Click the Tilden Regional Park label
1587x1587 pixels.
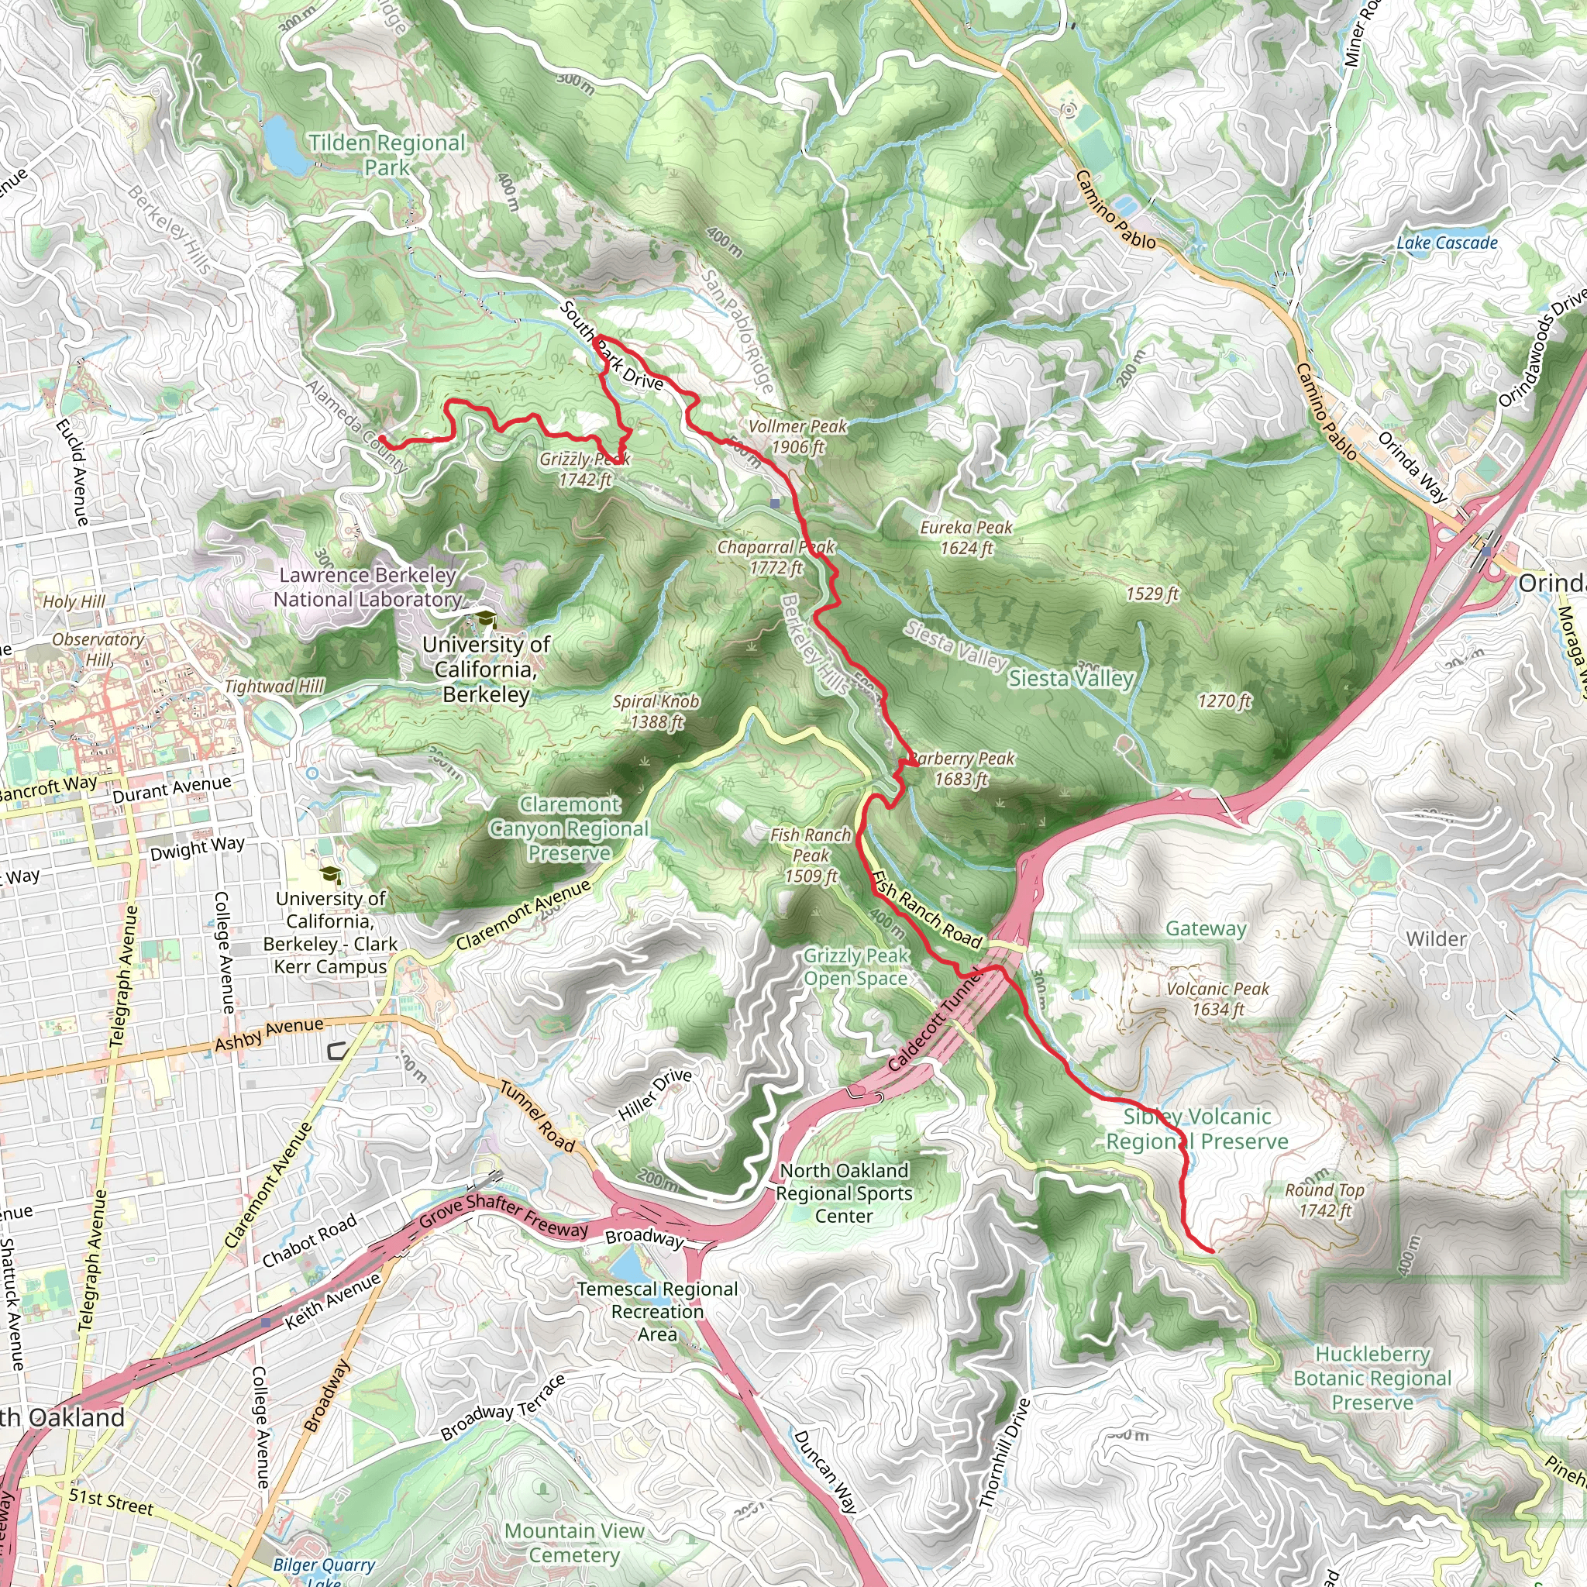tap(387, 154)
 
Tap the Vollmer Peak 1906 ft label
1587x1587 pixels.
tap(797, 436)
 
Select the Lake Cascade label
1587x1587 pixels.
tap(1447, 243)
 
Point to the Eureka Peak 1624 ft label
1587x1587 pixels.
tap(966, 537)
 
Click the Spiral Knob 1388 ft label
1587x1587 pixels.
tap(656, 711)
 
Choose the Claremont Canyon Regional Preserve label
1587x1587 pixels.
tap(570, 828)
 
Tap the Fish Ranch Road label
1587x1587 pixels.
tap(926, 911)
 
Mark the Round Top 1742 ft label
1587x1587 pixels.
tap(1324, 1200)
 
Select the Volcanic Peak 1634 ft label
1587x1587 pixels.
tap(1217, 999)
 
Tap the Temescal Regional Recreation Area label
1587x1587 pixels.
tap(657, 1311)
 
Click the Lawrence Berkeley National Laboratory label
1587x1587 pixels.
tap(367, 587)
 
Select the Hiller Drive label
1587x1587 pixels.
tap(655, 1094)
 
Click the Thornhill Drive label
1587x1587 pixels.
tap(1003, 1454)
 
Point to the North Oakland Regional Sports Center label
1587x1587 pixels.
tap(844, 1193)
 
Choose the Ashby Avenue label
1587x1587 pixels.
tap(269, 1034)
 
